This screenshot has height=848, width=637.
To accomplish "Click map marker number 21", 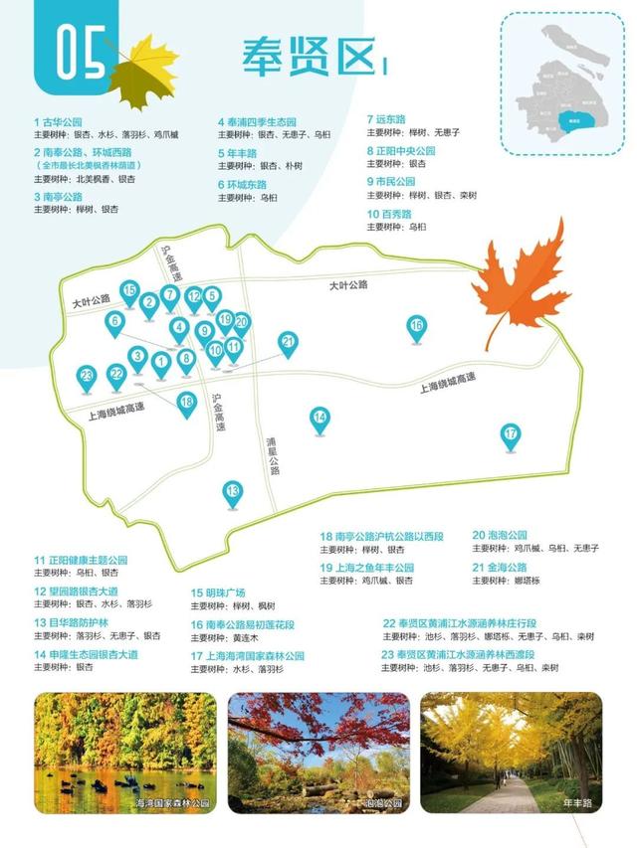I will [x=289, y=343].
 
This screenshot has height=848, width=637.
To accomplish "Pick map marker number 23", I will [x=88, y=376].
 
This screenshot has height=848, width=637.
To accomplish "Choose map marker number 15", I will [x=128, y=291].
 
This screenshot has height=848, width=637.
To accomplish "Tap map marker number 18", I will [x=187, y=402].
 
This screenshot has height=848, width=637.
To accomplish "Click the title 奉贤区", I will [x=309, y=58].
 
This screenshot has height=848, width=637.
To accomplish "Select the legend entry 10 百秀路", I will [x=389, y=213].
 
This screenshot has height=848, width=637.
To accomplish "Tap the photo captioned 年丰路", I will [x=511, y=754].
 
